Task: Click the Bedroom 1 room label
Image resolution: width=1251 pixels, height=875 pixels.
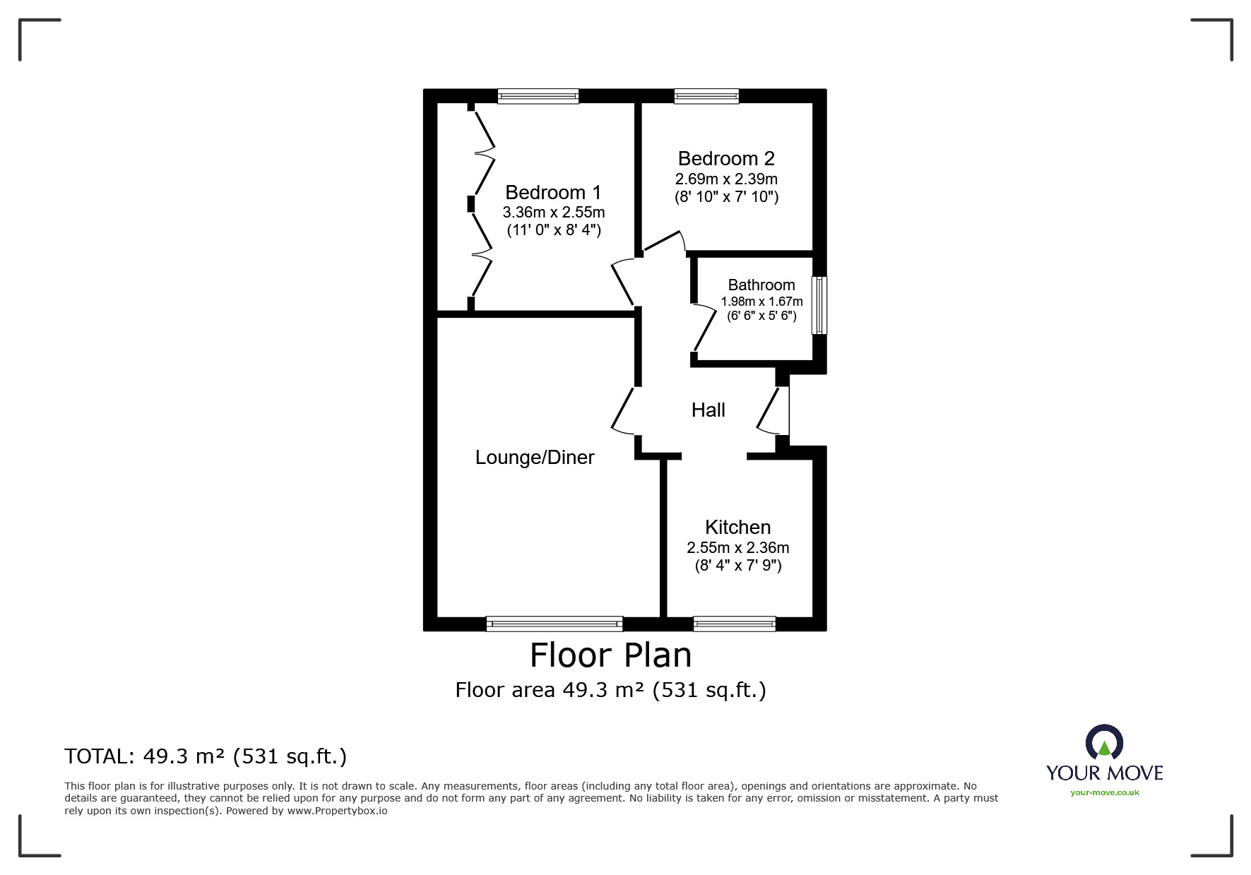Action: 553,192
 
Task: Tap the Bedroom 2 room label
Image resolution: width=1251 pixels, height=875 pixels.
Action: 726,158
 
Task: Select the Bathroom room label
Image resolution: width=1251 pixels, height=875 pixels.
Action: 761,285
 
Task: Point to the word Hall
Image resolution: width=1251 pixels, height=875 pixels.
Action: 708,410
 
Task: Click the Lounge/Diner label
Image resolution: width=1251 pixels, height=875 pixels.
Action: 535,458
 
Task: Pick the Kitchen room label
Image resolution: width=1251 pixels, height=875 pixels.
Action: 737,527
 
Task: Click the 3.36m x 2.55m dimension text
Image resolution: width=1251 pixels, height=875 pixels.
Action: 554,212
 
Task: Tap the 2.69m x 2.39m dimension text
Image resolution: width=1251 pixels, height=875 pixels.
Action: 726,179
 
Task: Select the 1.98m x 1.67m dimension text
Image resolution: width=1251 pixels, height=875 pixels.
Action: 761,302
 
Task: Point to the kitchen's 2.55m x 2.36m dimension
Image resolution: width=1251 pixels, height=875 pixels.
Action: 738,547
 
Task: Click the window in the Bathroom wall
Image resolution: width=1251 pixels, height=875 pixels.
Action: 819,305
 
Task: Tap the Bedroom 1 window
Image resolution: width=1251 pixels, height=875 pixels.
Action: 538,96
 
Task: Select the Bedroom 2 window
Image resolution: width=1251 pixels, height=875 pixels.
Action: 706,96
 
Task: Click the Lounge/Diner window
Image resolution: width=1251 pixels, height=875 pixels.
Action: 555,624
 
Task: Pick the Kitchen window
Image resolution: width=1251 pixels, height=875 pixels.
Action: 735,624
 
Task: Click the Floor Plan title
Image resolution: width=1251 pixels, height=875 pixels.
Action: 611,655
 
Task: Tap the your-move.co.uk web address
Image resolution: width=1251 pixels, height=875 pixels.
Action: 1105,792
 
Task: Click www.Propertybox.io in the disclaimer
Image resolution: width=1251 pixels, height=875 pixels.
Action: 337,811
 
